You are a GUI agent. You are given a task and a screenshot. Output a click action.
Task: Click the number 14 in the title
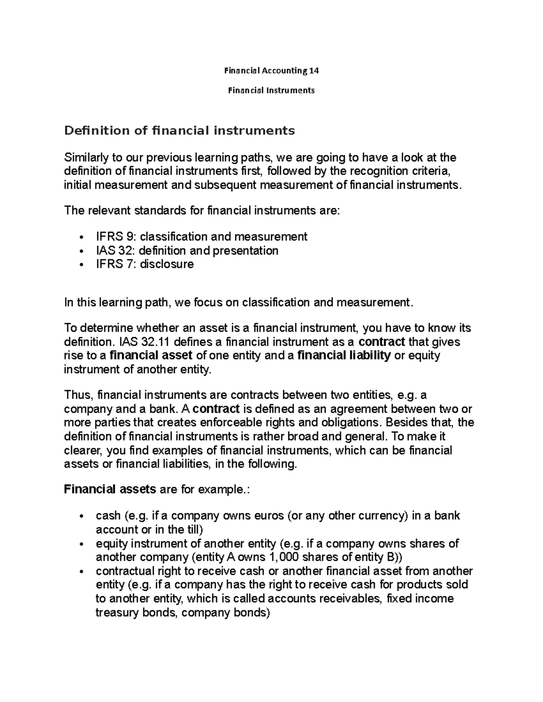pos(314,71)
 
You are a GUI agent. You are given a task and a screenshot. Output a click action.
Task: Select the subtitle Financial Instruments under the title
pos(271,90)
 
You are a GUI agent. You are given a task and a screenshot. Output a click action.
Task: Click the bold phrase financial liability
pos(344,356)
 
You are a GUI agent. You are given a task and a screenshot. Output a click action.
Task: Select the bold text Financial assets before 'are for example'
pos(110,489)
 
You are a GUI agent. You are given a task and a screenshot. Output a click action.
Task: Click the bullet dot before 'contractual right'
pos(81,571)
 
